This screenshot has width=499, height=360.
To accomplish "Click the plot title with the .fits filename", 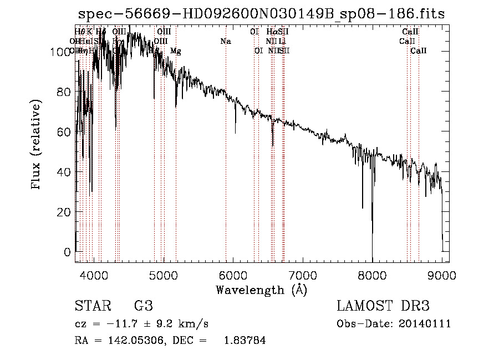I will (x=261, y=14).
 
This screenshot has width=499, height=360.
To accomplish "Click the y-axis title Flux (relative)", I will (x=37, y=145).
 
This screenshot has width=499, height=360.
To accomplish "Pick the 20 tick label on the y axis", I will (x=64, y=212).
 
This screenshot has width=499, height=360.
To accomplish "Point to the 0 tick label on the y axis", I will (x=68, y=252).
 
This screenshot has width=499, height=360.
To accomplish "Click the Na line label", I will (x=225, y=42).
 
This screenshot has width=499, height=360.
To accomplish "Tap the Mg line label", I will (x=176, y=51).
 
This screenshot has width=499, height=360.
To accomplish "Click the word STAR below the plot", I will (x=91, y=306).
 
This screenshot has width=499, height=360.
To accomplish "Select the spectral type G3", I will (x=143, y=306).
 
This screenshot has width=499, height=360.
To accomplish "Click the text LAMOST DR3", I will (x=383, y=306).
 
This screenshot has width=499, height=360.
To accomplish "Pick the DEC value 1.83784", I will (x=244, y=341).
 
